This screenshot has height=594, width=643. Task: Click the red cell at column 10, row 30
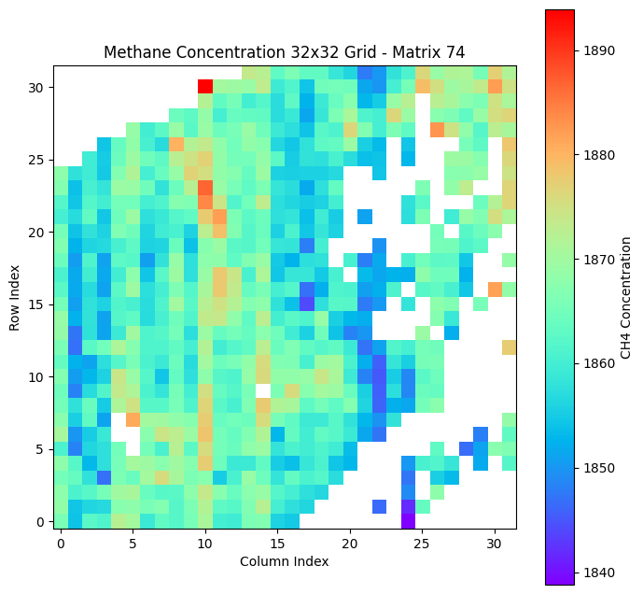[205, 87]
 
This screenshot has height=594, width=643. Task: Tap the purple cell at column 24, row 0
[408, 521]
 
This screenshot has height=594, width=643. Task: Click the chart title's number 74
[454, 52]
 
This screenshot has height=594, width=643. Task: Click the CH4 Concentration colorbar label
[626, 297]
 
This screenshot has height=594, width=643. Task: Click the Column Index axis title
[285, 561]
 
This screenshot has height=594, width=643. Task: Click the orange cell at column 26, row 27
[437, 130]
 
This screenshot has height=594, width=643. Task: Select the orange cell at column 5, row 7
[133, 419]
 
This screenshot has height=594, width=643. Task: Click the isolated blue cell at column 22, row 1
[379, 506]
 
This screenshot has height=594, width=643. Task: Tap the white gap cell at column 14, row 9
[263, 390]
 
